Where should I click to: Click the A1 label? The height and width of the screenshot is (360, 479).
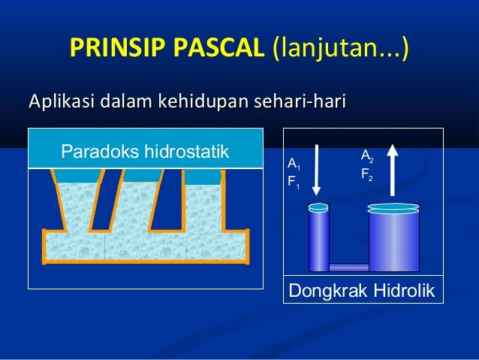(x=294, y=165)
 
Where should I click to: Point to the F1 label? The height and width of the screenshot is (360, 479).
(x=294, y=183)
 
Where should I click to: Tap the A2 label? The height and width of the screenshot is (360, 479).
(x=366, y=157)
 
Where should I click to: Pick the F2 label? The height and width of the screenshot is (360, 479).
(x=366, y=176)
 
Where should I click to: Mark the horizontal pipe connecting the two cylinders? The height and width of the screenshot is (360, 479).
(x=348, y=266)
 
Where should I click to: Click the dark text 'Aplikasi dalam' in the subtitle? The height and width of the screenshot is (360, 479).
(x=86, y=101)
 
